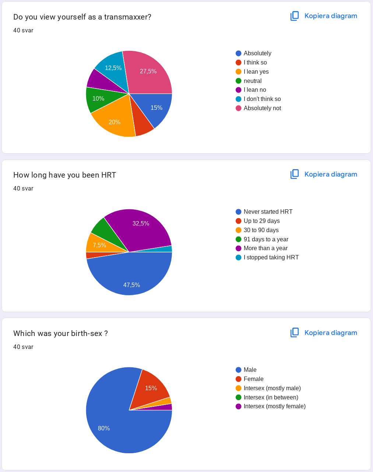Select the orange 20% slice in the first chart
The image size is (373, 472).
tap(115, 122)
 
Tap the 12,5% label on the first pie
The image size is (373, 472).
tap(113, 68)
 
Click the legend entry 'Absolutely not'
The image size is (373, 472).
tap(262, 108)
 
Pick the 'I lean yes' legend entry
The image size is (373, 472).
tap(256, 71)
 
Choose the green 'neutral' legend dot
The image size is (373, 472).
tap(239, 81)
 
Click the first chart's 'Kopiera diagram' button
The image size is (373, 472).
tap(324, 16)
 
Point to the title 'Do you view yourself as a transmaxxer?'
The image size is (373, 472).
tap(82, 17)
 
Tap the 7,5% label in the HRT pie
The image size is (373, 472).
tap(99, 245)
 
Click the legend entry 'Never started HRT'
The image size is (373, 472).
tap(268, 211)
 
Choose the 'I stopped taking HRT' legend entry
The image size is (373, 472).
tap(271, 257)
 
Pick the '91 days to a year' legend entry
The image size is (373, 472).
tap(266, 239)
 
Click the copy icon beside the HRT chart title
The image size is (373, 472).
tap(295, 174)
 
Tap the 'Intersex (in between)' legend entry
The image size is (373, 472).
tap(271, 397)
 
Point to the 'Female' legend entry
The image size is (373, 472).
tap(253, 379)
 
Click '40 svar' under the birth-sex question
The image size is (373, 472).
tap(23, 347)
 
